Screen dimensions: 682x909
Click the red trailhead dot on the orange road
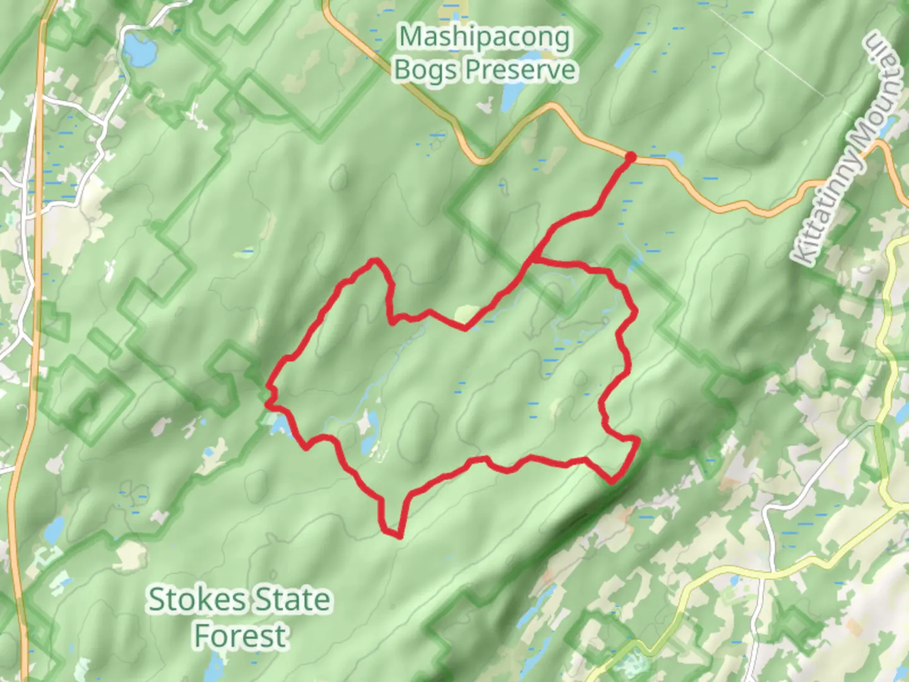[x=629, y=157]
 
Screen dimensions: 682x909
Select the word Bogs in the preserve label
[x=425, y=69]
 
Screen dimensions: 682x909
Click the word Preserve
[x=521, y=69]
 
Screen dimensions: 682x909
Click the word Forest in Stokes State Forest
[x=240, y=635]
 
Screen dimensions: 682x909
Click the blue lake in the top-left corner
[x=140, y=50]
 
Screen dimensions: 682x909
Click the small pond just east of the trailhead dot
[x=674, y=156]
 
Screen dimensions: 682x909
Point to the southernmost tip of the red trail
[x=400, y=536]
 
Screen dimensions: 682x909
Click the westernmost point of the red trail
[x=268, y=388]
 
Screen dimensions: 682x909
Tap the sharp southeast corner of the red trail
[x=612, y=482]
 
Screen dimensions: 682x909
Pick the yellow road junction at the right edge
[x=897, y=505]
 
